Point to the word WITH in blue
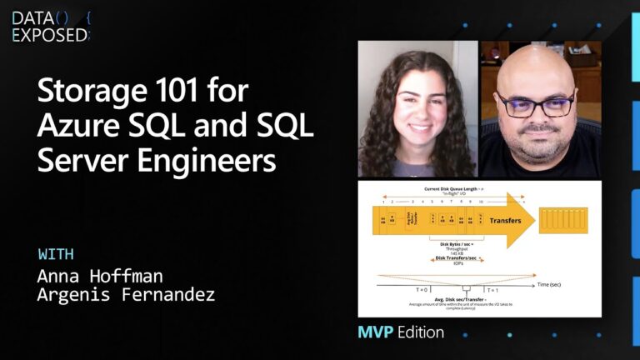(56, 254)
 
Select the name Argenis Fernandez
(126, 295)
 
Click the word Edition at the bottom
(420, 332)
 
